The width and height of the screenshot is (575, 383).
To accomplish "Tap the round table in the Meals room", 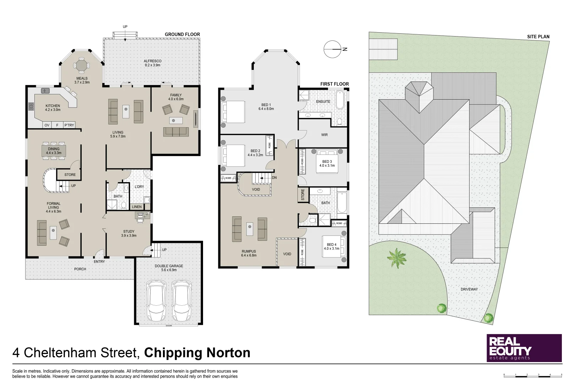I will [x=82, y=66].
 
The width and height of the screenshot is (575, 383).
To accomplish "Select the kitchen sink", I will [x=45, y=91].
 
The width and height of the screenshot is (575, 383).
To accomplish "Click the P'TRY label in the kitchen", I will [x=69, y=125].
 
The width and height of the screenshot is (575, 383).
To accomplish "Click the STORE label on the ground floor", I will [x=70, y=174].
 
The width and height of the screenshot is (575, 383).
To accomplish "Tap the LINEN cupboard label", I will [x=137, y=207].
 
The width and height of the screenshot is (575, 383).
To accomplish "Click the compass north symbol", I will [x=333, y=49].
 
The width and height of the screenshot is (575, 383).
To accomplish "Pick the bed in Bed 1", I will [x=233, y=112].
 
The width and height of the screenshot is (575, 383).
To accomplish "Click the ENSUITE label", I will [x=323, y=102].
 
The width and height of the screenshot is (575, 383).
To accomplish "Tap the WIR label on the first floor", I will [x=324, y=135].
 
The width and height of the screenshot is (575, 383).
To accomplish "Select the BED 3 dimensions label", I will [x=327, y=166].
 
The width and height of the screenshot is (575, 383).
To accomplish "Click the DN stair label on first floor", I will [x=274, y=178].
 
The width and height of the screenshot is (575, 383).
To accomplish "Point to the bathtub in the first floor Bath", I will [x=342, y=202].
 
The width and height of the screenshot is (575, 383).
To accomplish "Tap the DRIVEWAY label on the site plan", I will [x=469, y=289].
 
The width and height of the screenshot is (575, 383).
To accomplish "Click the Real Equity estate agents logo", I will [x=524, y=348].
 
